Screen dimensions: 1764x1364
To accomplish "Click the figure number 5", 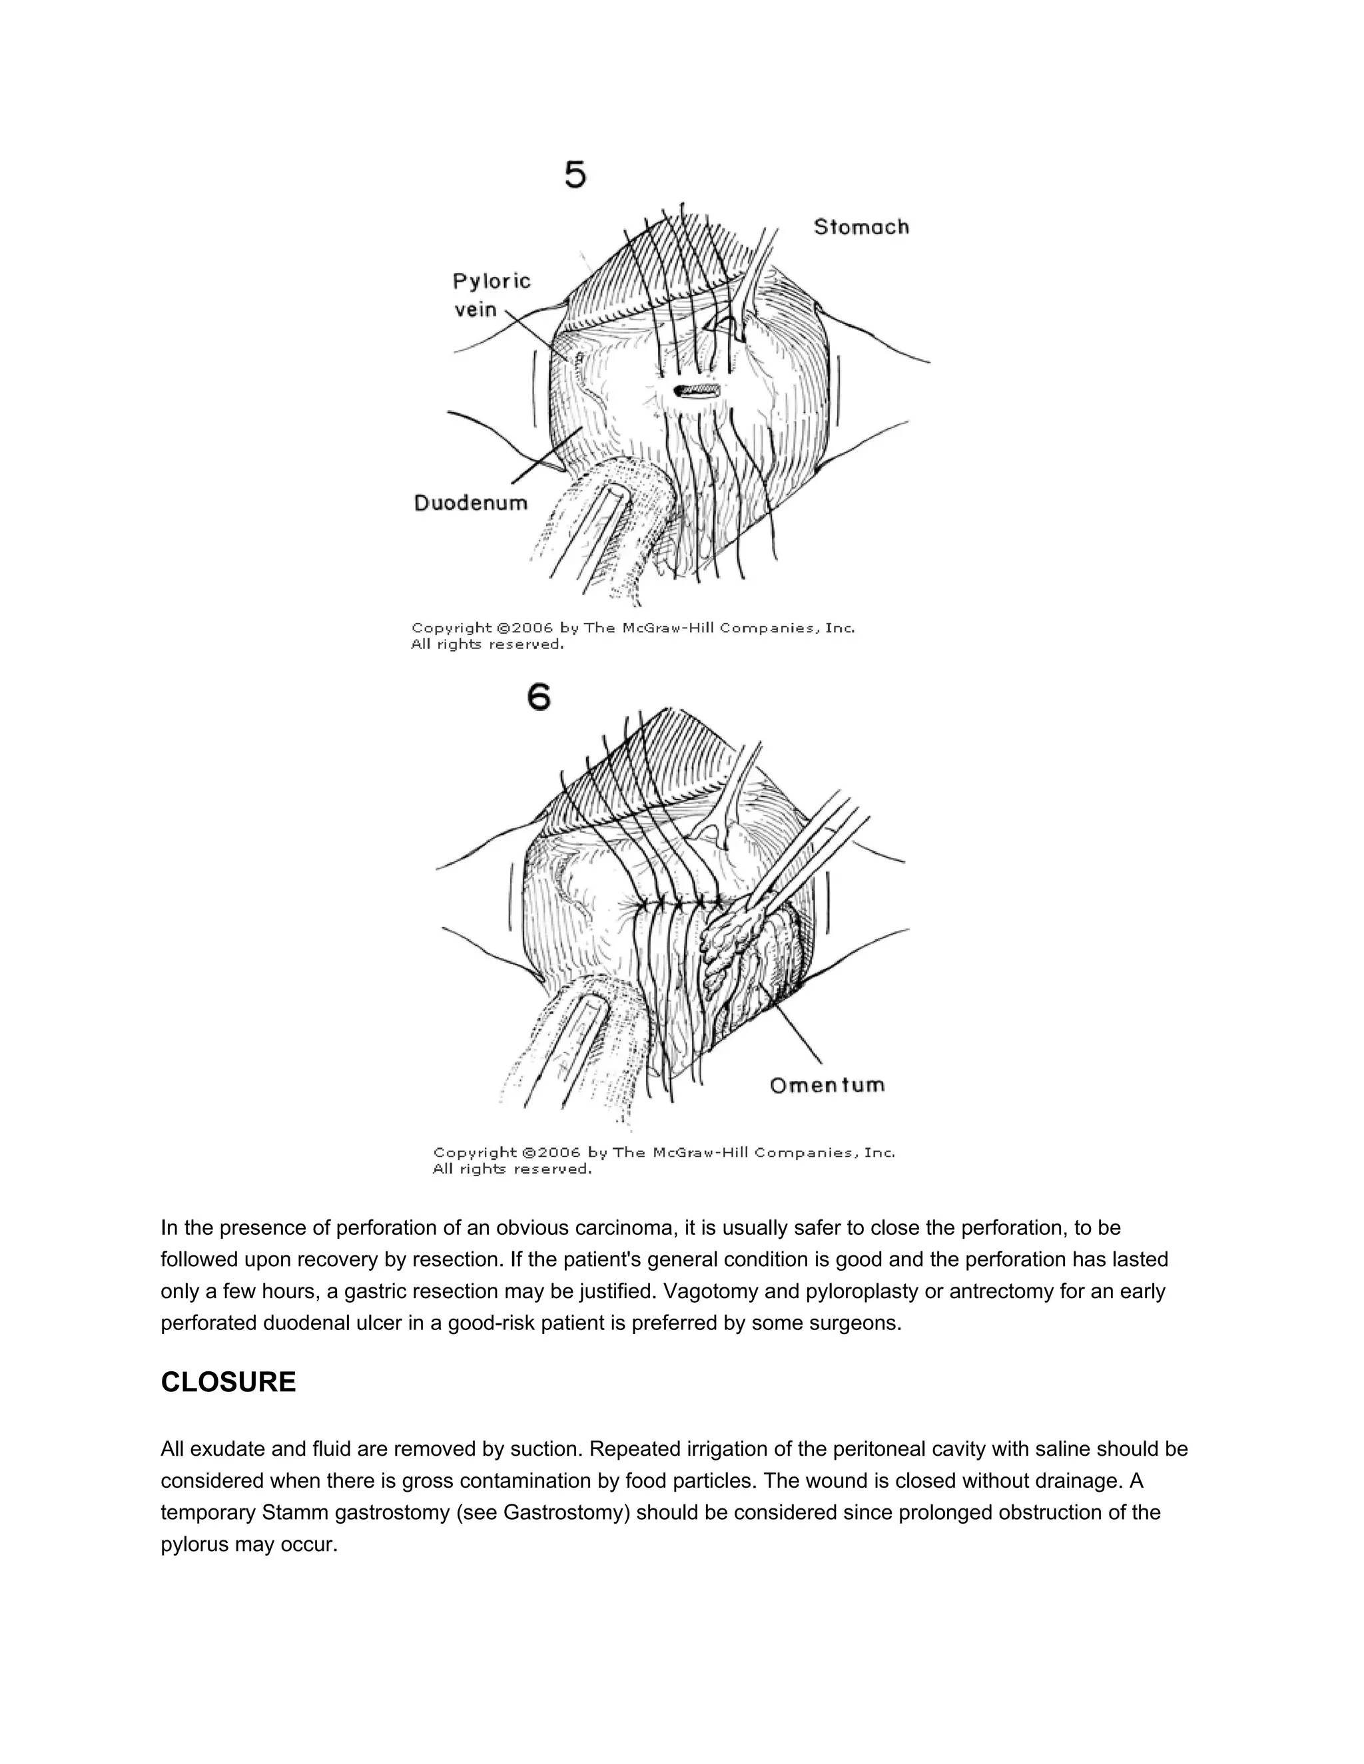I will click(x=575, y=174).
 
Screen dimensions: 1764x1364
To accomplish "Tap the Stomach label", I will click(x=860, y=227).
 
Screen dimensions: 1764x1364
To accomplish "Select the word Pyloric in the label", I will click(x=492, y=281).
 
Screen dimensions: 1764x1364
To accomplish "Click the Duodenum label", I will click(x=470, y=503).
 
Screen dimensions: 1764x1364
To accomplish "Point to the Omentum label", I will click(x=827, y=1085).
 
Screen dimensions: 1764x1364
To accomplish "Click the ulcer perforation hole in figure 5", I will click(x=696, y=391).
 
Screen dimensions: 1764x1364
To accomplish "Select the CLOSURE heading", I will click(x=228, y=1382).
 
